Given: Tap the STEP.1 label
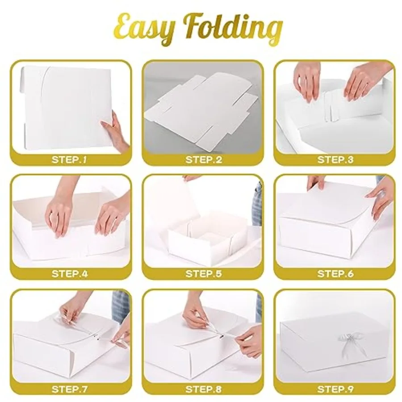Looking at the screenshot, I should coord(71,160).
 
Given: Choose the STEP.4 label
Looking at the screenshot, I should coord(71,273).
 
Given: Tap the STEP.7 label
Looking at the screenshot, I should coord(71,389).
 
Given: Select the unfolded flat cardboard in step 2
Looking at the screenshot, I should coord(201,112).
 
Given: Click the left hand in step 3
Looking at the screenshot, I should coord(308,80).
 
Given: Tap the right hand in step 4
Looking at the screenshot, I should coord(109,214).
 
